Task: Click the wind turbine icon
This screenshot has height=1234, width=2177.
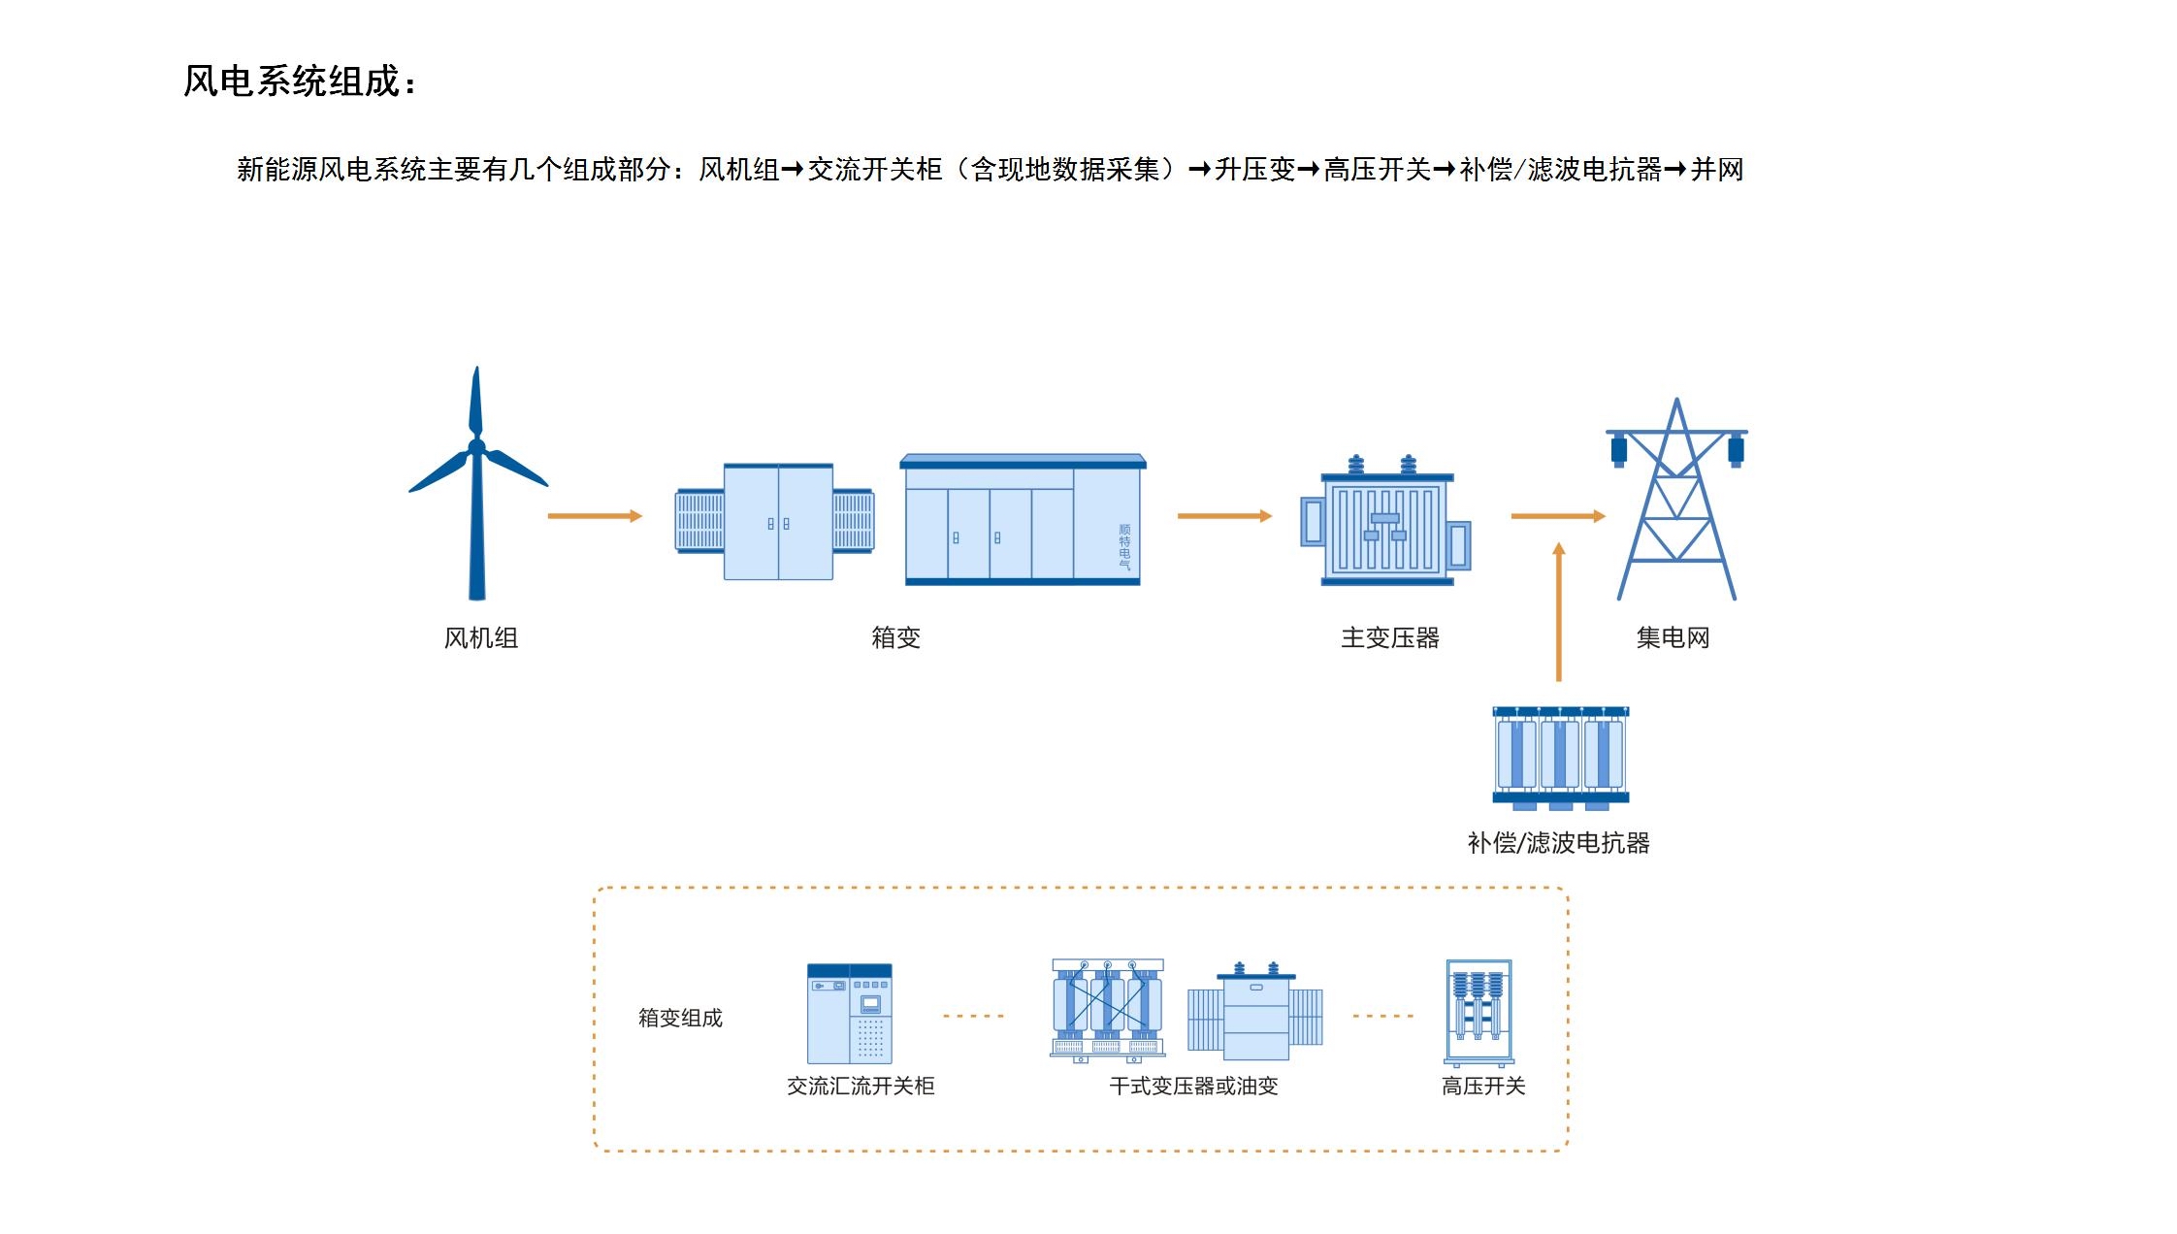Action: point(476,485)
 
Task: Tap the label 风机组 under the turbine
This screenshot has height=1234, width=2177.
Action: point(480,637)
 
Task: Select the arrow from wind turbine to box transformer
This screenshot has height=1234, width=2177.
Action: point(595,516)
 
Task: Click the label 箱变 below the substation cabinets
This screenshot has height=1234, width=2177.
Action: point(895,637)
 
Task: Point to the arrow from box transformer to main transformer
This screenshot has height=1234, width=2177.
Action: point(1224,516)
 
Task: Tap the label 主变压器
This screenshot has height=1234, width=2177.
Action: point(1389,637)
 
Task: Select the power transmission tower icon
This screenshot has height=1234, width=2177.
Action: point(1675,500)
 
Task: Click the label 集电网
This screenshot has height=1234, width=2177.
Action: point(1673,637)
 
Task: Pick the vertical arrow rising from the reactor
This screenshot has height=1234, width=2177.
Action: point(1559,611)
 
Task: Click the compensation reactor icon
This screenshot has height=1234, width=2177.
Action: point(1560,757)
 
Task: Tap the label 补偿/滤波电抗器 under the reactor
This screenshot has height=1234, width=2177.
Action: point(1558,842)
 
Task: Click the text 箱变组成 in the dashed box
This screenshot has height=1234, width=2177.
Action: point(680,1018)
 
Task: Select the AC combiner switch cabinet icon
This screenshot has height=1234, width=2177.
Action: point(850,1014)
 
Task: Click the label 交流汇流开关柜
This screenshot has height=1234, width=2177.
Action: point(861,1086)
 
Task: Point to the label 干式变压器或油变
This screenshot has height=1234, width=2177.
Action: point(1193,1086)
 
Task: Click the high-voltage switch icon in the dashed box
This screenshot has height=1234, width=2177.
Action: point(1478,1012)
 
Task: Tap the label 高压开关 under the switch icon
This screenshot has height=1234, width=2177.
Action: point(1482,1086)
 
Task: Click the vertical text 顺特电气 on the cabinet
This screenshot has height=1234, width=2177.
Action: point(1124,546)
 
